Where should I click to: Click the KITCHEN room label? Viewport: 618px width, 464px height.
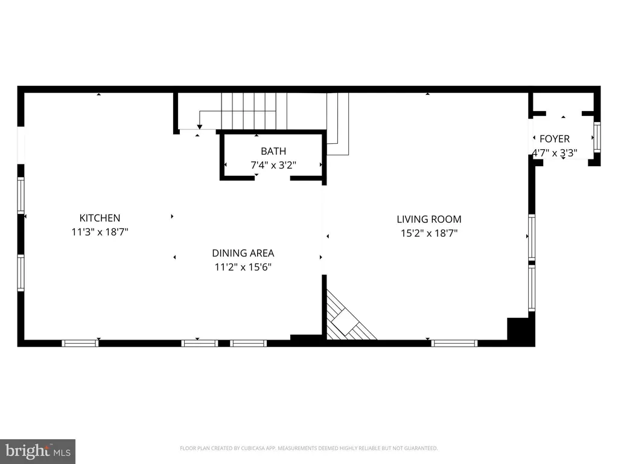coord(100,217)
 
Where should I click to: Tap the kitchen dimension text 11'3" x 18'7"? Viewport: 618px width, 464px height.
coord(100,231)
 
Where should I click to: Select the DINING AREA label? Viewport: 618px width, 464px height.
coord(243,253)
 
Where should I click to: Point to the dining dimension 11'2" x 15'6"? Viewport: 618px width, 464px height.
coord(243,267)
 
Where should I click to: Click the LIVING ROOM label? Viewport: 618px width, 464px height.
coord(429,219)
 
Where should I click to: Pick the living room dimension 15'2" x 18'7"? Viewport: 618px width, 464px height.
coord(429,233)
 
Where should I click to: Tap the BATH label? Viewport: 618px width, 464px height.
coord(273,151)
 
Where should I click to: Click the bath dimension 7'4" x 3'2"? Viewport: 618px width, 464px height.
coord(273,165)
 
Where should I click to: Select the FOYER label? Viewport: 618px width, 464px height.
coord(555,139)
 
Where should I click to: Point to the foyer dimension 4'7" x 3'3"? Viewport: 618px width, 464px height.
coord(555,153)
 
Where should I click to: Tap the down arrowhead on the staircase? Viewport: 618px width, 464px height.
coord(199,127)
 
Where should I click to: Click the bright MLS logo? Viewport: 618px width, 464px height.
coord(37,451)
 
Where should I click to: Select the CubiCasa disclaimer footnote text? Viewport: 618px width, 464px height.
coord(308,448)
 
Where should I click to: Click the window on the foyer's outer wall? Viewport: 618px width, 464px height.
coord(597,137)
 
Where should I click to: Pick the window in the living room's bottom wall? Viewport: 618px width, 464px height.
coord(454,343)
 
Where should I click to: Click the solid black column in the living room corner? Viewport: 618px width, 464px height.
coord(520,330)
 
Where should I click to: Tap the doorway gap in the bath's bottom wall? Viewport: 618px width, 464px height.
coord(272,178)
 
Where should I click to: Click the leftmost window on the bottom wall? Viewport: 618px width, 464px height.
coord(80,343)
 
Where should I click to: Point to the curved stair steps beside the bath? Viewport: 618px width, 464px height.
coord(338,124)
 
